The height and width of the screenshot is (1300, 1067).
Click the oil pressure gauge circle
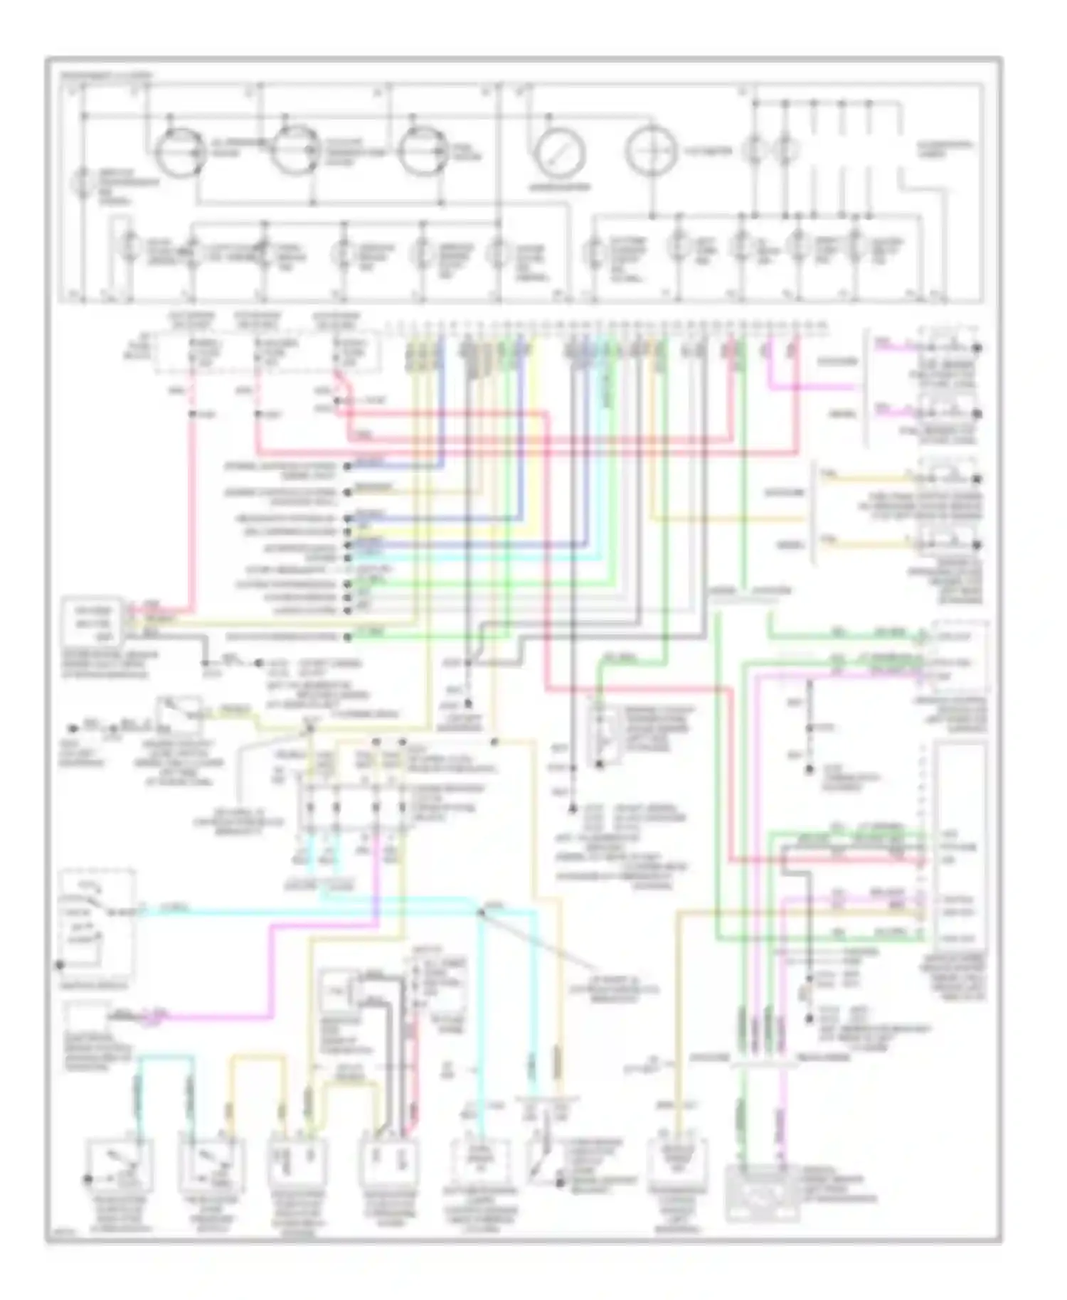point(180,150)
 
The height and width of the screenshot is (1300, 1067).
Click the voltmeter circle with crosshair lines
point(649,151)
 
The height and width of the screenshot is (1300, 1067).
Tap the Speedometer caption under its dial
point(560,188)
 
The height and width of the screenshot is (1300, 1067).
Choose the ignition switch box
point(97,922)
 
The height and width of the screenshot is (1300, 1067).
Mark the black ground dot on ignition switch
point(60,965)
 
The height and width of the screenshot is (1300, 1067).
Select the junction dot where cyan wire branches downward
point(480,912)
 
